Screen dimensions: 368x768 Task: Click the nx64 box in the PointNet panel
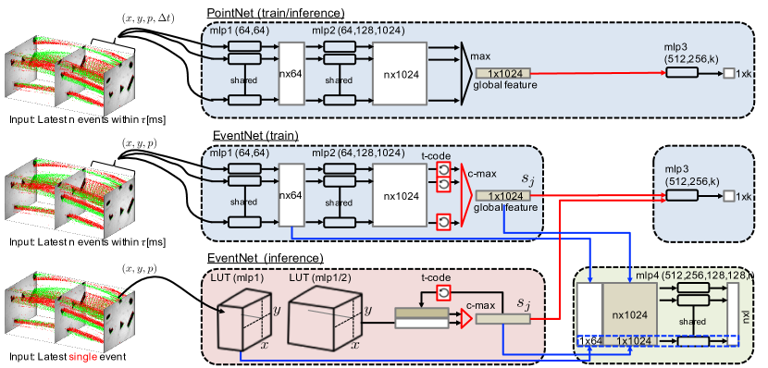292,72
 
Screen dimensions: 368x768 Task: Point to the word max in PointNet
480,56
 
